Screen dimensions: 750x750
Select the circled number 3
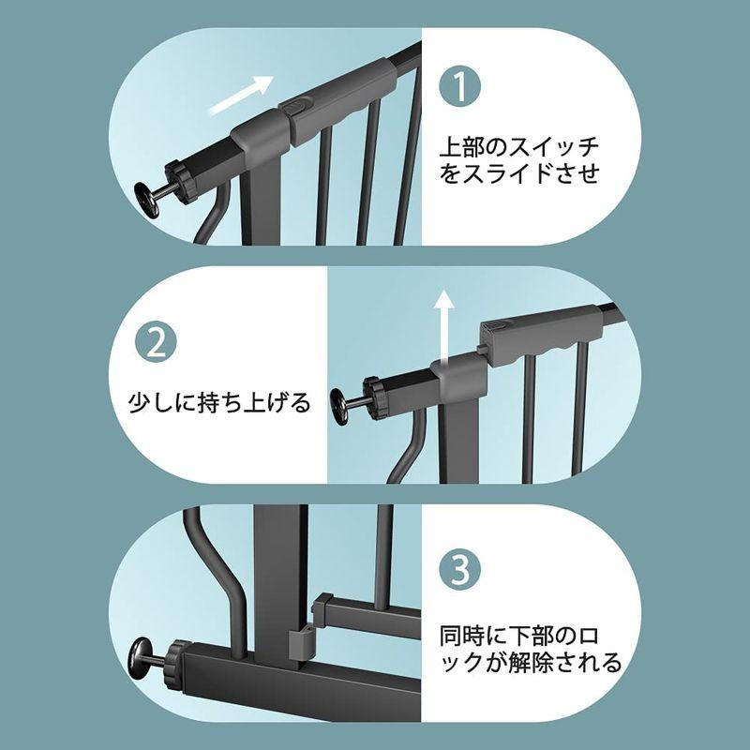click(460, 568)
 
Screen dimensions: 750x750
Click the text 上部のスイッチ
click(519, 147)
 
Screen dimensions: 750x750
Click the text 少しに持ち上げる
click(217, 404)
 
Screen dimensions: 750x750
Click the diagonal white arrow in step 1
click(240, 96)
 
